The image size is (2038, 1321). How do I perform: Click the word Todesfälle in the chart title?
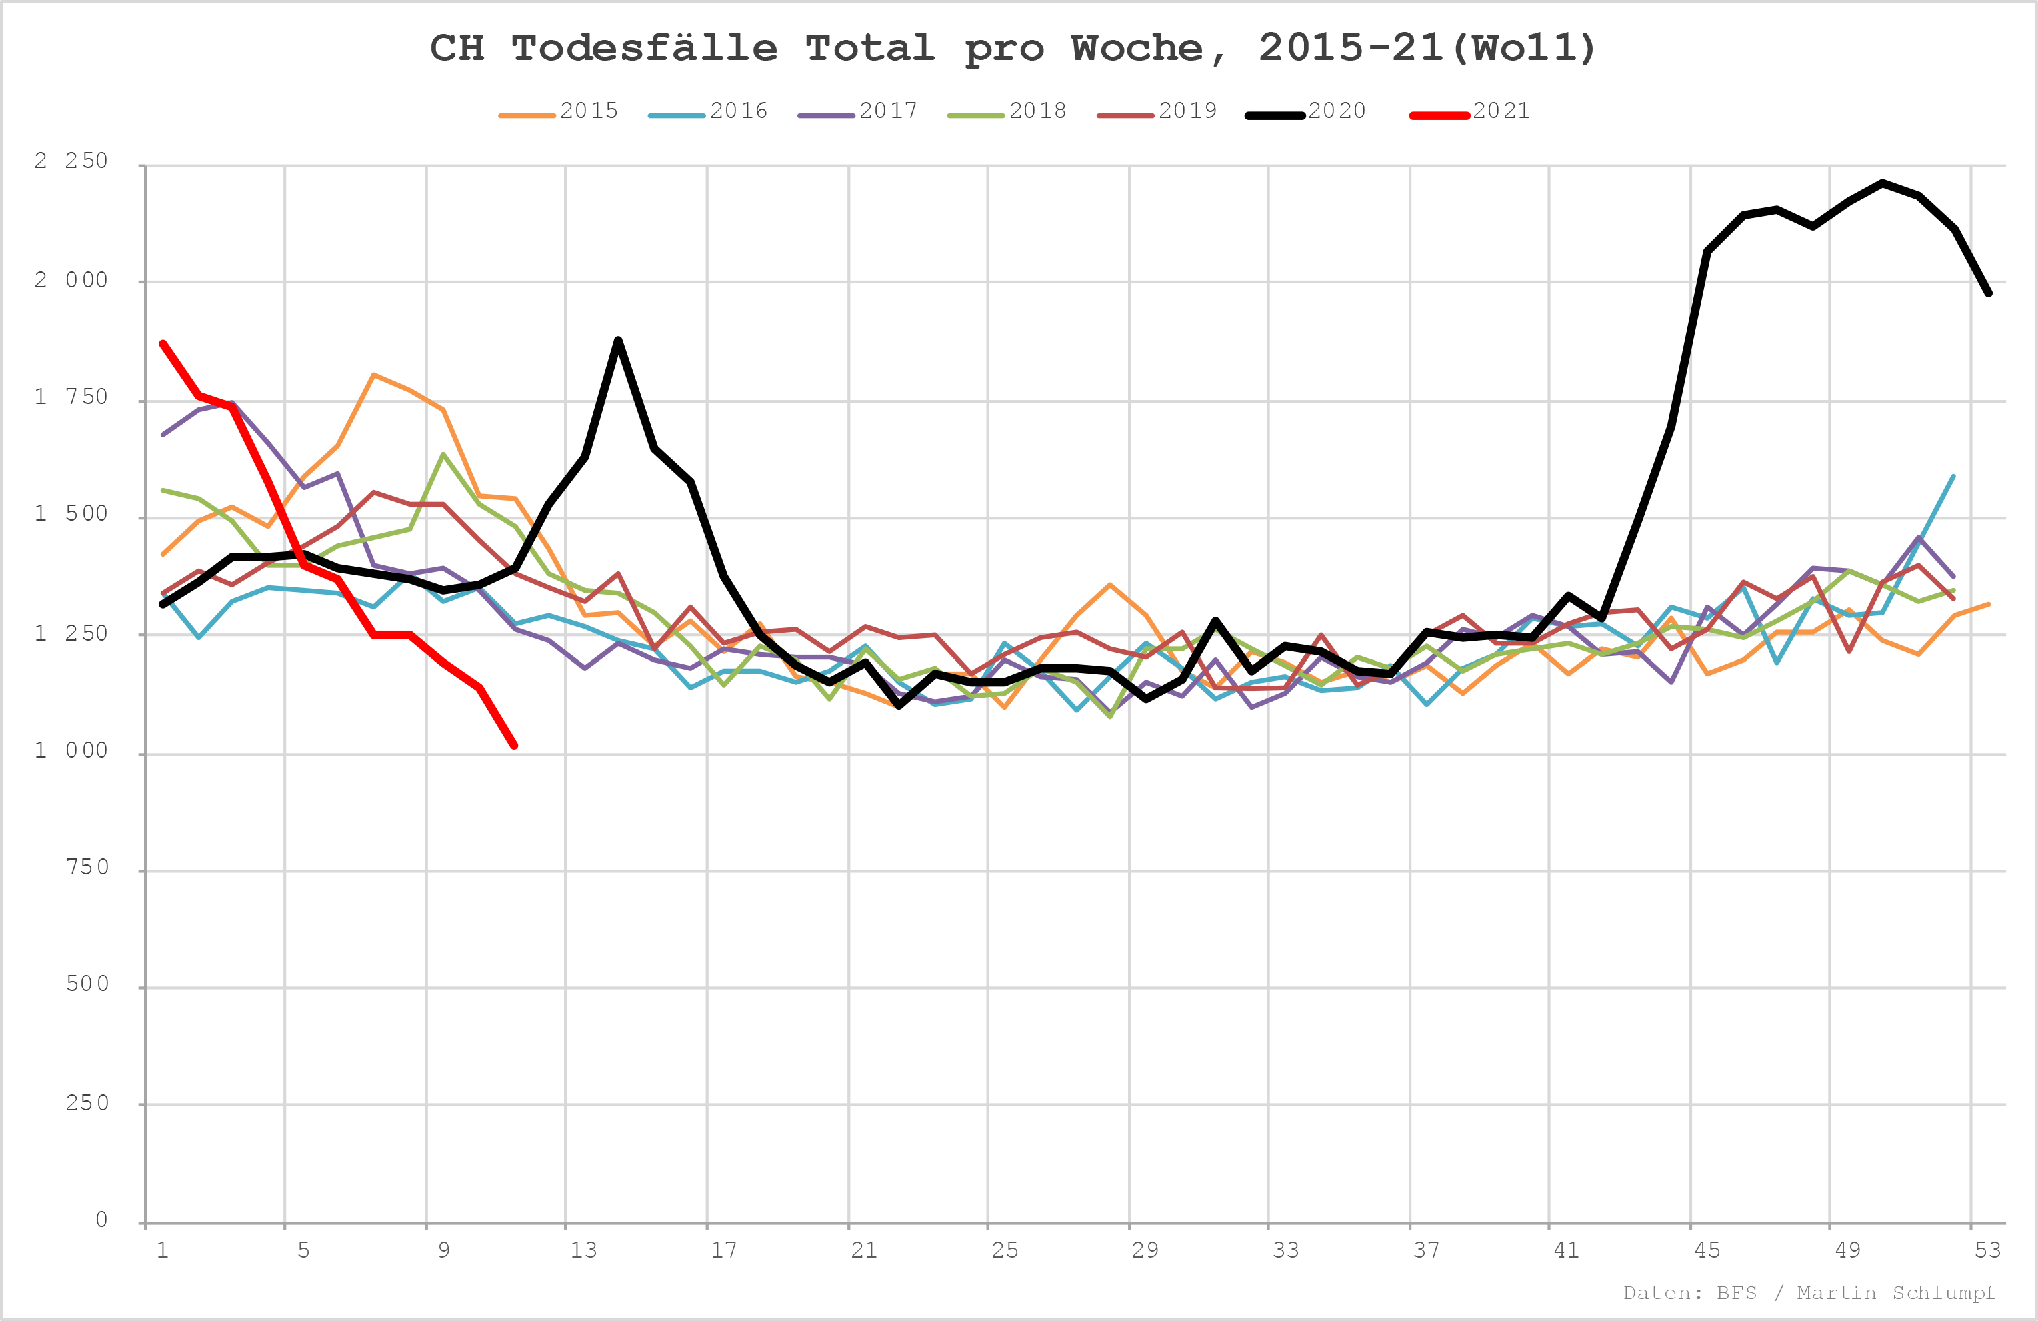tap(645, 49)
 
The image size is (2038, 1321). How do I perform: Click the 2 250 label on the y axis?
tap(72, 161)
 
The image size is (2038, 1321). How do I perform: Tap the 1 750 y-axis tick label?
tap(72, 397)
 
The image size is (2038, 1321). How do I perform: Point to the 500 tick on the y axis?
tap(87, 984)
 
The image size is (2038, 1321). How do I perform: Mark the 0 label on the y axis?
tap(102, 1220)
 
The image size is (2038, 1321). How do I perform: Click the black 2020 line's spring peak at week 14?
tap(618, 341)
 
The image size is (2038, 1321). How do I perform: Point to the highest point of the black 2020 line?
tap(1882, 183)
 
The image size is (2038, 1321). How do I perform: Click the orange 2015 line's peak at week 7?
tap(373, 374)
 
